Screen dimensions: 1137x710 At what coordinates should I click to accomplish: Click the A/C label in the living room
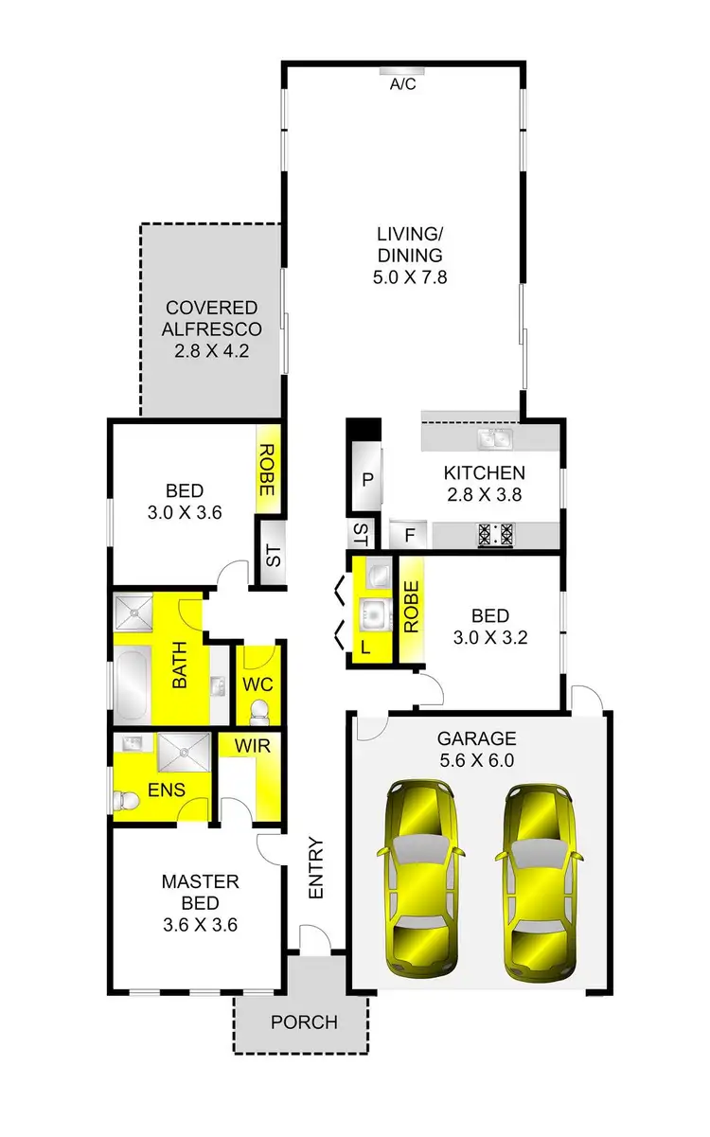pyautogui.click(x=403, y=84)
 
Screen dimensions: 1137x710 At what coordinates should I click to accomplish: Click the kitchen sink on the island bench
pyautogui.click(x=495, y=437)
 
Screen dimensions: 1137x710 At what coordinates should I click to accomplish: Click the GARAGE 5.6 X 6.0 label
pyautogui.click(x=476, y=749)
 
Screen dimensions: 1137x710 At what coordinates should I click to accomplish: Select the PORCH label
pyautogui.click(x=303, y=1022)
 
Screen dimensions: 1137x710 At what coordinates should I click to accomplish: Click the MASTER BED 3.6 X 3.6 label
pyautogui.click(x=199, y=902)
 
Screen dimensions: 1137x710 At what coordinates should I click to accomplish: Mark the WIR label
pyautogui.click(x=252, y=747)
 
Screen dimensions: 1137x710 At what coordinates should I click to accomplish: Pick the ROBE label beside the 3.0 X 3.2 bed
pyautogui.click(x=411, y=608)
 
